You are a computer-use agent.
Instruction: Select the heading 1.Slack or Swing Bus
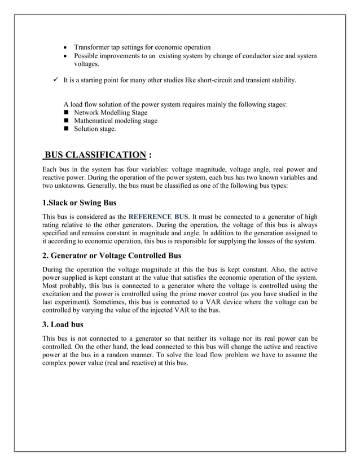[79, 203]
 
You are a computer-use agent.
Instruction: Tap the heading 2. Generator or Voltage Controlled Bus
[112, 255]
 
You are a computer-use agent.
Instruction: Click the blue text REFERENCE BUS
[159, 216]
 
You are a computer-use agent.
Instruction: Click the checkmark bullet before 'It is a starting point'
[55, 81]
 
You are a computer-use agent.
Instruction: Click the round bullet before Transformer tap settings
[67, 47]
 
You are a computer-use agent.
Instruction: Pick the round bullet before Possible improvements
[67, 56]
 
